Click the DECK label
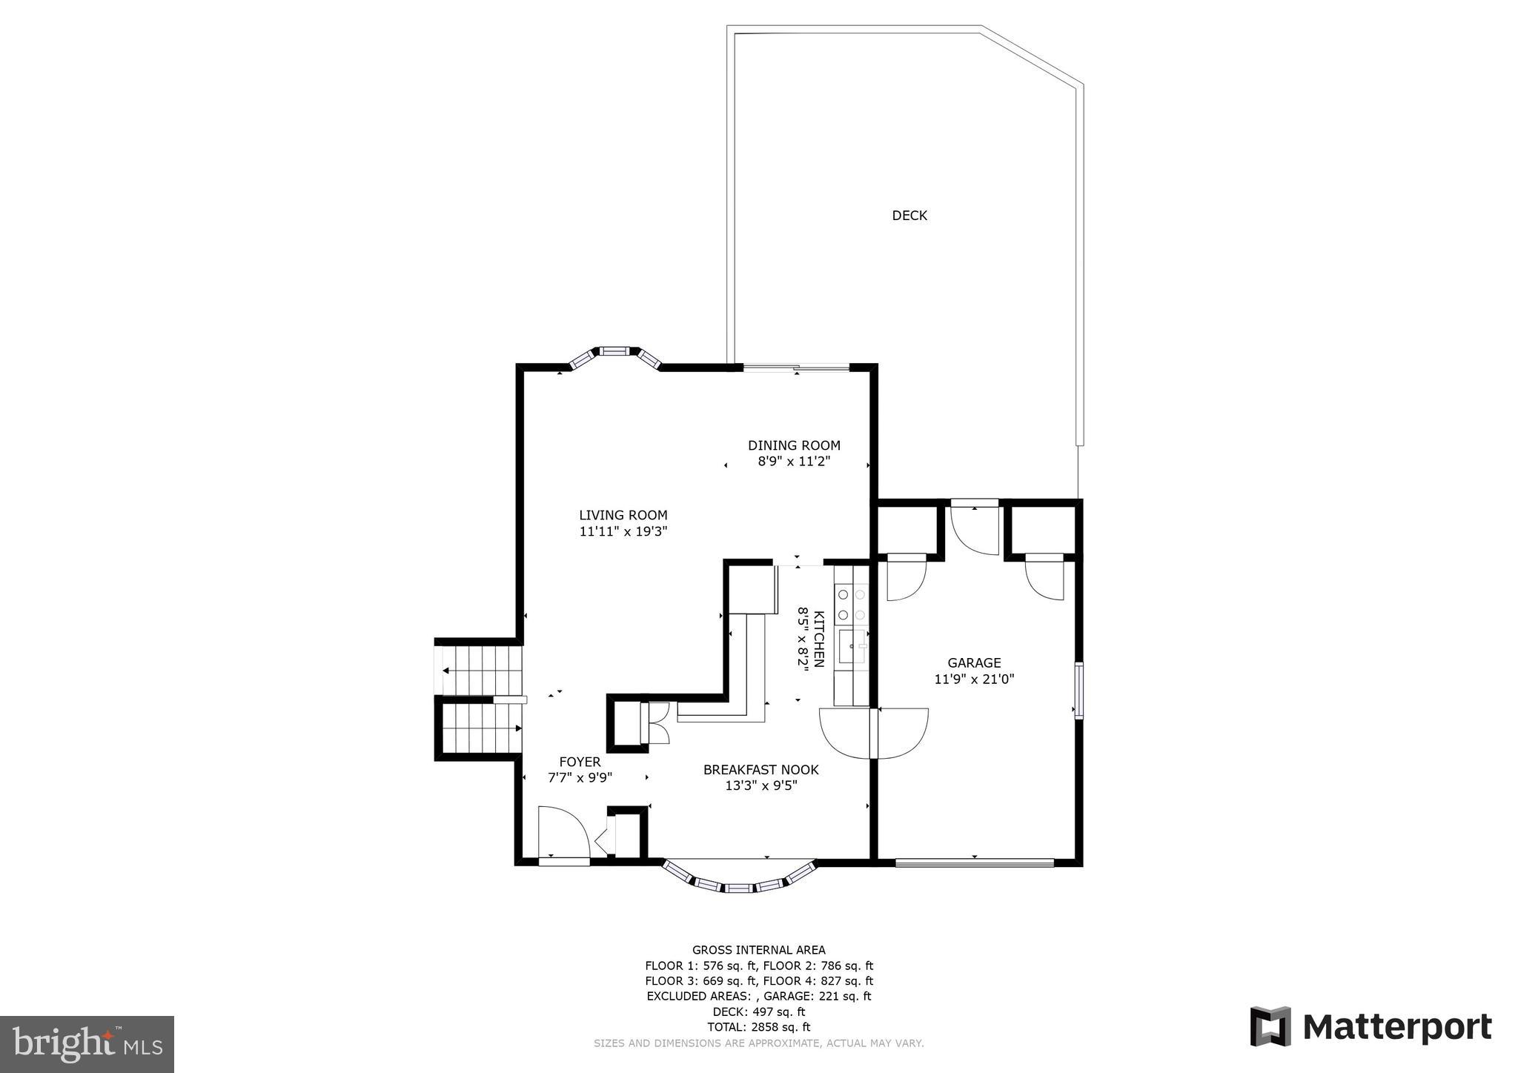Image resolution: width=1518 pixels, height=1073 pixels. point(909,216)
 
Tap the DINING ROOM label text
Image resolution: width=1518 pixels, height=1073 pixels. point(793,445)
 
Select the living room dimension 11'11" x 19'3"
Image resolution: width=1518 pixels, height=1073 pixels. point(623,531)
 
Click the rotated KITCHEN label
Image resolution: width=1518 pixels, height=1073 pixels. point(819,639)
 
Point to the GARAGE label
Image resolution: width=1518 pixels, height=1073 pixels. point(973,663)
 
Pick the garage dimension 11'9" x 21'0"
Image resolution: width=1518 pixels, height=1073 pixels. point(973,679)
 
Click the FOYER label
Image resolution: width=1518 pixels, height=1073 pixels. point(580,762)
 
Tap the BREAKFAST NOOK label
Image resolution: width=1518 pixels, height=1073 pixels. point(760,770)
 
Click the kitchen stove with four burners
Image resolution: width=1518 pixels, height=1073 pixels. point(851,604)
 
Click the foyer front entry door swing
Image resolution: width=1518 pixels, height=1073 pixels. point(562,832)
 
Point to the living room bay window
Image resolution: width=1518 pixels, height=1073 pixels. point(614,355)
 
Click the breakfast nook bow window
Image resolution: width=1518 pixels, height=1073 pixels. point(738,882)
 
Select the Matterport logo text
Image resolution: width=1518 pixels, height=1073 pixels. point(1396,1028)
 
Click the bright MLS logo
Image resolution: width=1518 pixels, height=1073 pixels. point(87,1044)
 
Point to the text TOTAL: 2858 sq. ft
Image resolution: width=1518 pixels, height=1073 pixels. point(758,1027)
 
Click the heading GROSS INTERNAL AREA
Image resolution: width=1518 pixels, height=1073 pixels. point(758,950)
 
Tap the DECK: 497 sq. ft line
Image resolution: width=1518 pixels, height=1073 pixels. point(758,1011)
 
